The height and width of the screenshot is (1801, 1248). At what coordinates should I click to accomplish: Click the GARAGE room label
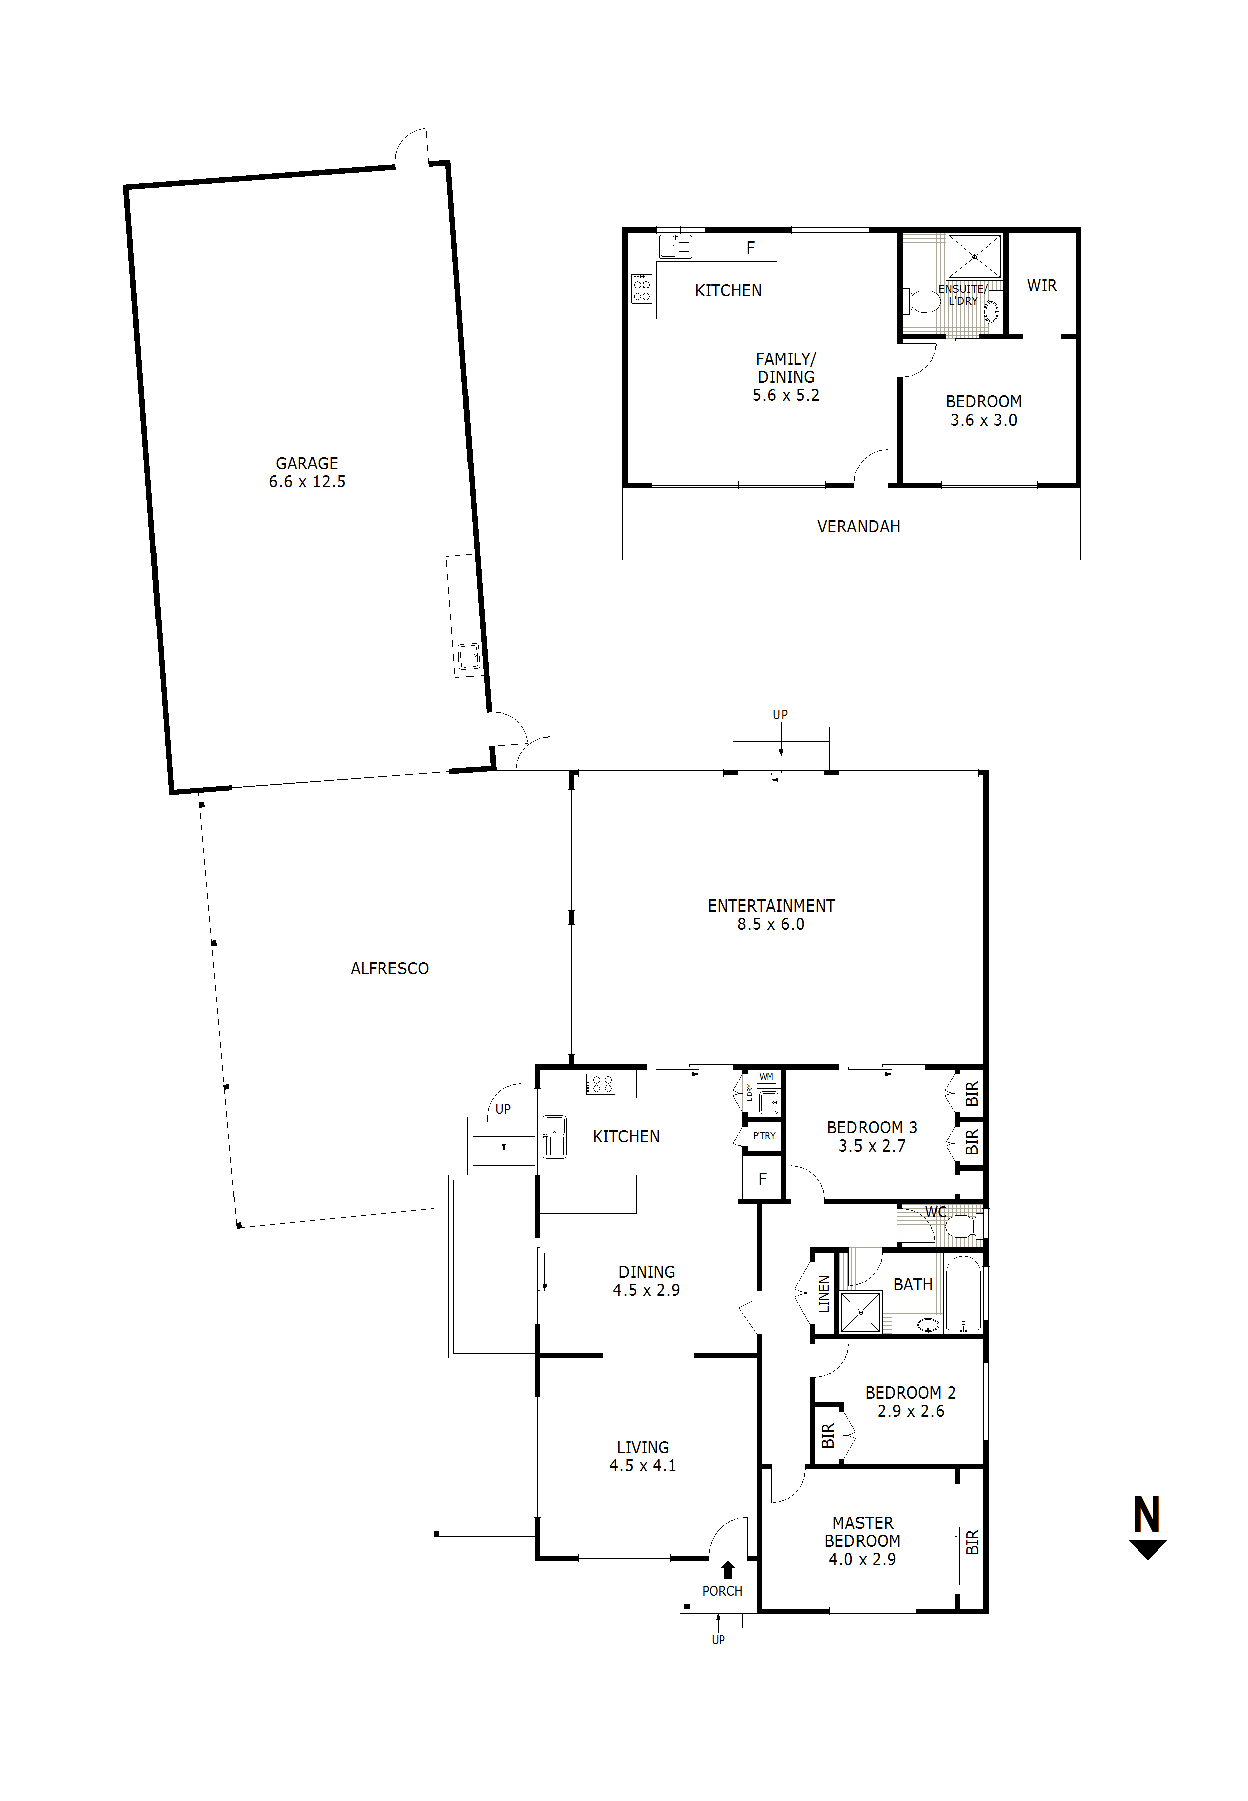[x=306, y=463]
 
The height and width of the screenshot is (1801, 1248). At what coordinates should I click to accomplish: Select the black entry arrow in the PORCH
[x=728, y=1570]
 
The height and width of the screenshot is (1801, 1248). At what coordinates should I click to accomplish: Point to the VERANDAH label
[x=859, y=527]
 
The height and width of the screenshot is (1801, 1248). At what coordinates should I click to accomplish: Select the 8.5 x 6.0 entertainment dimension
[x=770, y=925]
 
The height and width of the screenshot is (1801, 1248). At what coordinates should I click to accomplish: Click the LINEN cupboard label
[x=823, y=1294]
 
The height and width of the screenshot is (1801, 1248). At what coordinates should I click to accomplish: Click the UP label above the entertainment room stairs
[x=779, y=714]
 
